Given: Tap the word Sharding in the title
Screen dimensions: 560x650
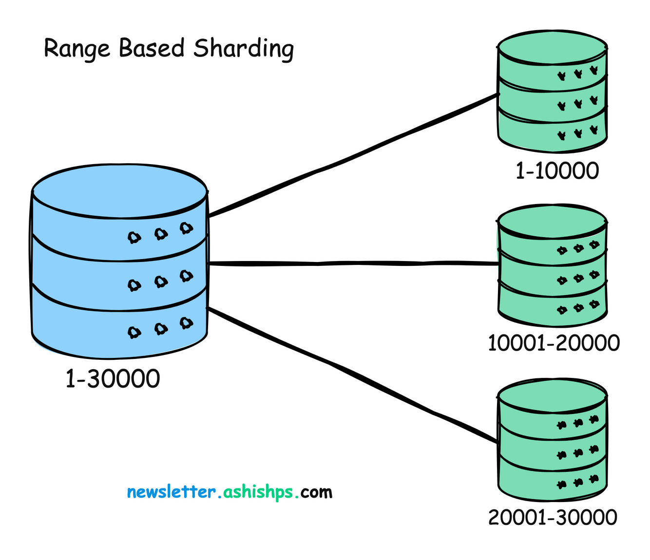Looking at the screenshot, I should pyautogui.click(x=244, y=49).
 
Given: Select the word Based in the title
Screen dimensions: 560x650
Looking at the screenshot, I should pyautogui.click(x=152, y=48).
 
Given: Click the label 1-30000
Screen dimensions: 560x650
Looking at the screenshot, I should pyautogui.click(x=113, y=379).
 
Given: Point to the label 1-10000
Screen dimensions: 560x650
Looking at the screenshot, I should pyautogui.click(x=557, y=171).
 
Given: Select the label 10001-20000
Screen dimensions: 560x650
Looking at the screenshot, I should pyautogui.click(x=554, y=343).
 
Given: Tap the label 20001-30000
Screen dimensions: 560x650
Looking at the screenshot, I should pyautogui.click(x=553, y=517).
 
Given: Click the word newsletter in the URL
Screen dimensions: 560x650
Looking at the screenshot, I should pyautogui.click(x=171, y=492).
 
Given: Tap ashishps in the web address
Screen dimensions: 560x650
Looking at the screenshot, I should pyautogui.click(x=258, y=492).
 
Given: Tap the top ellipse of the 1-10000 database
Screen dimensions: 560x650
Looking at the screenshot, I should pyautogui.click(x=552, y=47).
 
